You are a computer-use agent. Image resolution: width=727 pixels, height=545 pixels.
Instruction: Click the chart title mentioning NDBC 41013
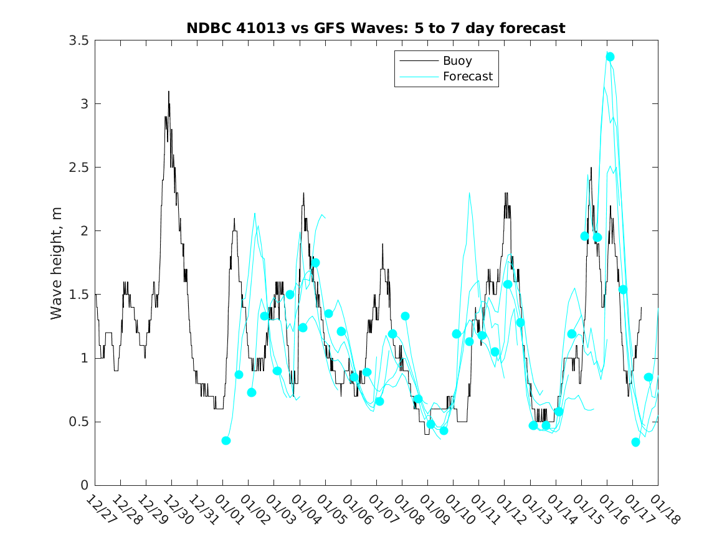point(376,28)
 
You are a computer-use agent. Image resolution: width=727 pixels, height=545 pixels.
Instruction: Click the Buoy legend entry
point(457,61)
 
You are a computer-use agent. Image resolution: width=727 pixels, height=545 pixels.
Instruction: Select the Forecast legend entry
point(467,77)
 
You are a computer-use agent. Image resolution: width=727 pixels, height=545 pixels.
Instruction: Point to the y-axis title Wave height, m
point(57,262)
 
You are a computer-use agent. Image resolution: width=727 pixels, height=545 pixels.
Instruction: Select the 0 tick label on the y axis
point(84,485)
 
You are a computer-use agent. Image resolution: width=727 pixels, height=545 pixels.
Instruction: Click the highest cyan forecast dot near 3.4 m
point(610,57)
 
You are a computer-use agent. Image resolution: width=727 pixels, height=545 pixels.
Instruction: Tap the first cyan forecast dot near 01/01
point(226,440)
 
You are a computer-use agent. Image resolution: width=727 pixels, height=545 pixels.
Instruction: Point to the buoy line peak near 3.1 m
point(168,92)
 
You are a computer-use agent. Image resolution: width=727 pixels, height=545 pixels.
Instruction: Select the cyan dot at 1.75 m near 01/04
point(316,263)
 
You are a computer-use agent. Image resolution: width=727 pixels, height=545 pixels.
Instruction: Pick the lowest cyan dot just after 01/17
point(635,442)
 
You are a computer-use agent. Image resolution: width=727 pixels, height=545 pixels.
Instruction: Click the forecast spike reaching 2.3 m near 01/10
point(469,193)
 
